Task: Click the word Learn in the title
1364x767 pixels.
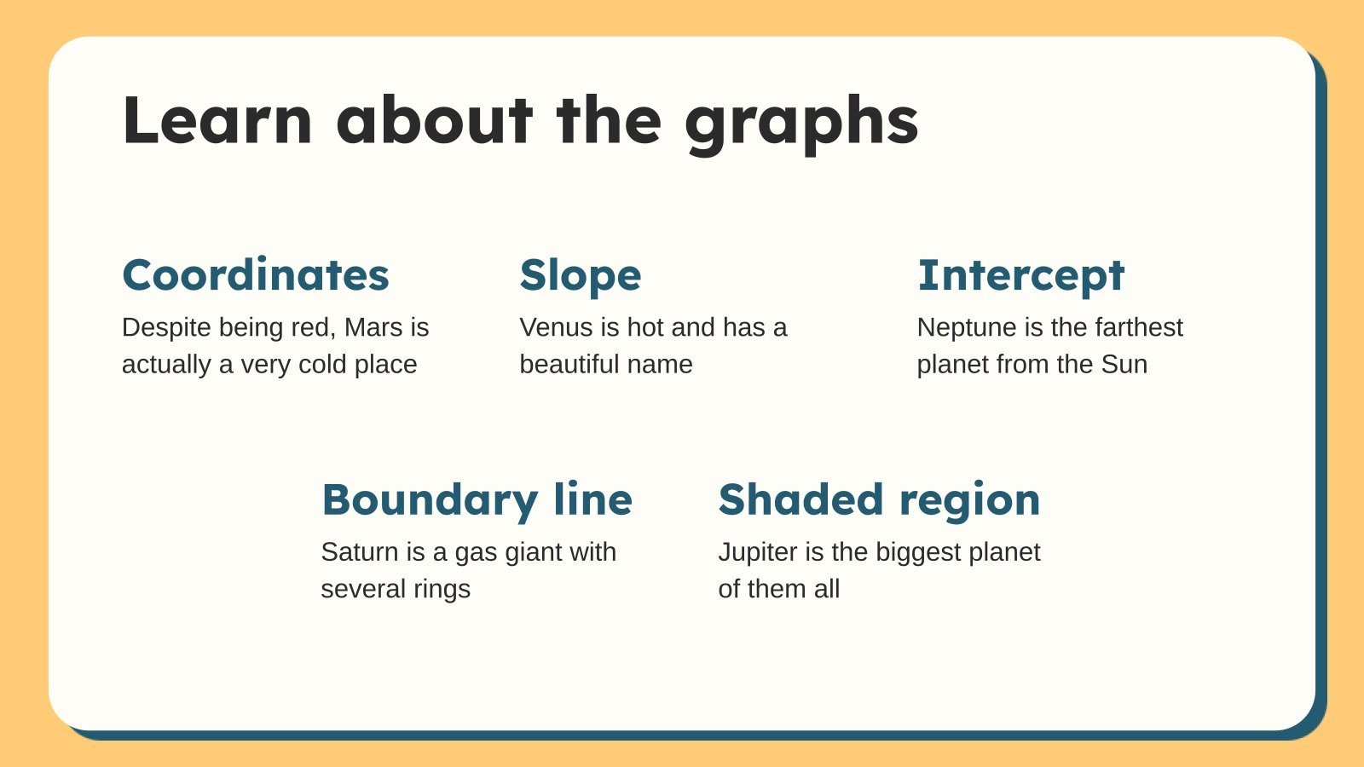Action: [x=217, y=120]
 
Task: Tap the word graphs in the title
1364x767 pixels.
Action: [x=801, y=124]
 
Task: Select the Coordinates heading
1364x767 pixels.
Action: [x=256, y=274]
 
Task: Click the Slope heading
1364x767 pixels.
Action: [x=581, y=277]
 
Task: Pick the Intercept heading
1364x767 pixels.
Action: [x=1021, y=277]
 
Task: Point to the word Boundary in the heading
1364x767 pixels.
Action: [x=430, y=501]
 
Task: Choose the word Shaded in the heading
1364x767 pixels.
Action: [x=800, y=499]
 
